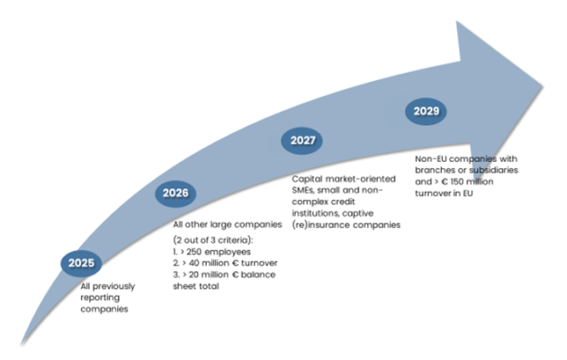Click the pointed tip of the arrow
click(543, 87)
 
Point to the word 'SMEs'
click(305, 192)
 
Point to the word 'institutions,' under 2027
click(317, 215)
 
